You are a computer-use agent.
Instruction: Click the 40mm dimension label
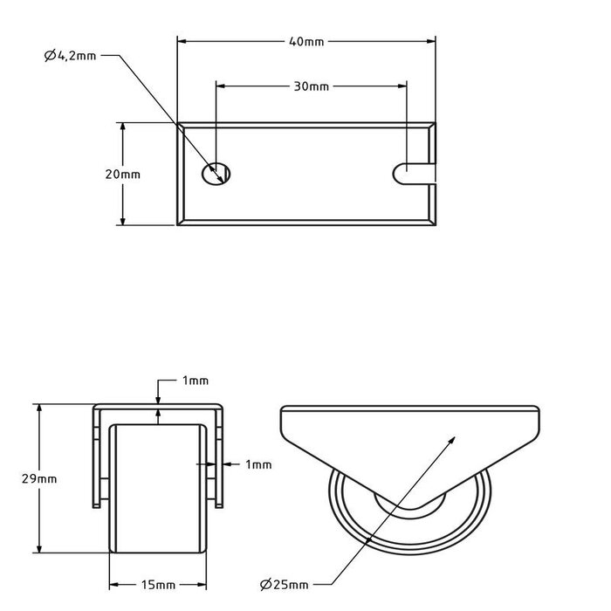pos(305,40)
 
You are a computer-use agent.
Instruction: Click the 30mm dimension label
pos(312,86)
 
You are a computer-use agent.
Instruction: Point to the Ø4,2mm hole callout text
pos(70,56)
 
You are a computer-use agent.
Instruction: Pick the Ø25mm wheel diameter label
pos(284,584)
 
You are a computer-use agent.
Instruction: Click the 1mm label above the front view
pos(196,381)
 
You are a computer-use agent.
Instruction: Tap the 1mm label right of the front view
pos(259,463)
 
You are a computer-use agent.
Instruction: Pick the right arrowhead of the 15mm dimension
pos(206,584)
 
